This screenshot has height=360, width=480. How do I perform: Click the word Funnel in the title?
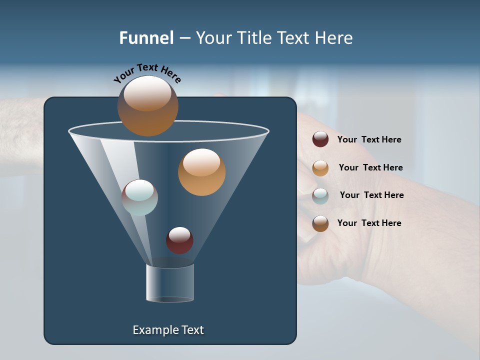tap(146, 38)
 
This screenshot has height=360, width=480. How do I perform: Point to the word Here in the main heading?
tap(334, 38)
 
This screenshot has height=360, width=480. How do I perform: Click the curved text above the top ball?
tap(147, 73)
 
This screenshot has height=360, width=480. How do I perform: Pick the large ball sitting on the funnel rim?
tap(147, 106)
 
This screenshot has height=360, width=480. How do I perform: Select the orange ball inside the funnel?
tap(201, 172)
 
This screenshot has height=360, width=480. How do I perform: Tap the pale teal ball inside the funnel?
tap(139, 197)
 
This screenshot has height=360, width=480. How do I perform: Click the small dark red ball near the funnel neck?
tap(179, 240)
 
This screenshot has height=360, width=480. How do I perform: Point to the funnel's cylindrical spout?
tap(170, 283)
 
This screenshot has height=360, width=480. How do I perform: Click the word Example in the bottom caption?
tap(155, 330)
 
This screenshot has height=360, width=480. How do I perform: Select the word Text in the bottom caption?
tap(192, 330)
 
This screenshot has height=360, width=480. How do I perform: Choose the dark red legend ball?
tap(320, 139)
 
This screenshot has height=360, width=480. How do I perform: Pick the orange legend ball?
tap(320, 168)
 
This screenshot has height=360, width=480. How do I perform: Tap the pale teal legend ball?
tap(320, 196)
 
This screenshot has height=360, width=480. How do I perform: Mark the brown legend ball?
tap(320, 223)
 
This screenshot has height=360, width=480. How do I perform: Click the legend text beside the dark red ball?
tap(369, 139)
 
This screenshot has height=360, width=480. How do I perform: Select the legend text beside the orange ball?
tap(370, 167)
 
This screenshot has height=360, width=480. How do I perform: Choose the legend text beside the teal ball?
tap(371, 195)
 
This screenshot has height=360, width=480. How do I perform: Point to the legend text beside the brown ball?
tap(369, 223)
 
